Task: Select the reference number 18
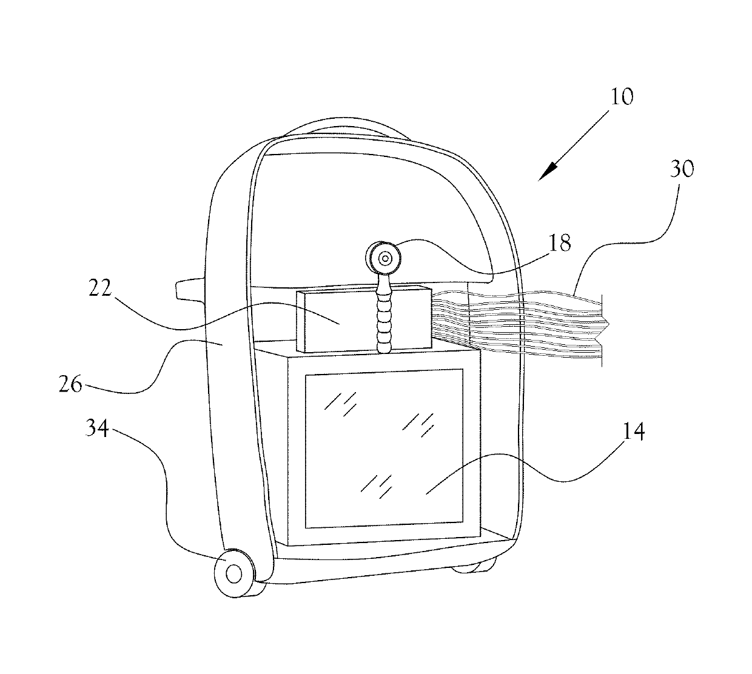(x=559, y=244)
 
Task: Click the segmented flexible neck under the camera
(x=384, y=315)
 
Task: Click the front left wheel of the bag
(x=233, y=572)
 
